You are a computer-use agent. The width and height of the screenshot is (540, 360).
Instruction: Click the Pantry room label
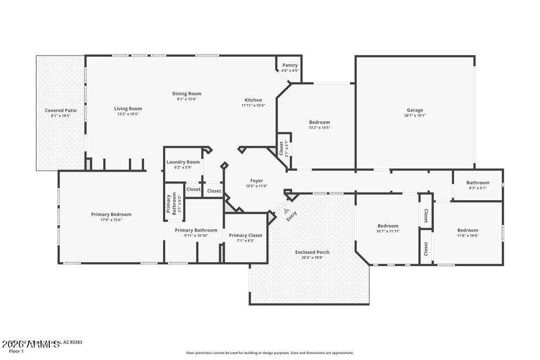tap(289, 65)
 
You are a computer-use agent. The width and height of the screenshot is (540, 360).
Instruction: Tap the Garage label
tap(415, 110)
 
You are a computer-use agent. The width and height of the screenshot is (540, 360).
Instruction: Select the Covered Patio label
tap(60, 110)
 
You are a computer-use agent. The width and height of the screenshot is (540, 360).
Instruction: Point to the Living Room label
tap(128, 108)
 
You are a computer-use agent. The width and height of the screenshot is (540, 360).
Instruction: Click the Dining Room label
tap(186, 93)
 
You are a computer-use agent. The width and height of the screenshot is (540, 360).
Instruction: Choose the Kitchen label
tap(253, 100)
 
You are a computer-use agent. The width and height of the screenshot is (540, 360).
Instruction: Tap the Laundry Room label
tap(183, 162)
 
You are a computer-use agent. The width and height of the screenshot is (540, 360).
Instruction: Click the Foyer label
tap(256, 181)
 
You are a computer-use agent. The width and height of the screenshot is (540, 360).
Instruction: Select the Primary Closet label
tap(246, 235)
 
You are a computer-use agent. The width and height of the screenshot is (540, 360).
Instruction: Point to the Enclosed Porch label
tap(312, 252)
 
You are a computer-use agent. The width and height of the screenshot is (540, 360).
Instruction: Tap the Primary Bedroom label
tap(111, 214)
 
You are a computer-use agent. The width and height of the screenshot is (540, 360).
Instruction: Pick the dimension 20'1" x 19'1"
tap(415, 116)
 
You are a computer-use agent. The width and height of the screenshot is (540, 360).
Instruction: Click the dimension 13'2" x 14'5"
tap(319, 128)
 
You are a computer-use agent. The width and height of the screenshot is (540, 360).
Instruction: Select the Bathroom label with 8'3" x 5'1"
tap(477, 182)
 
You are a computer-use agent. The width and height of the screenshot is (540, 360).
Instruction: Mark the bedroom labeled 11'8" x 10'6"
tap(468, 229)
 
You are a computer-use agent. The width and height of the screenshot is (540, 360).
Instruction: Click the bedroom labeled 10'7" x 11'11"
tap(388, 226)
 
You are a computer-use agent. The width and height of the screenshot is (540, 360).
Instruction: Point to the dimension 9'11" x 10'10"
tap(196, 236)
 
